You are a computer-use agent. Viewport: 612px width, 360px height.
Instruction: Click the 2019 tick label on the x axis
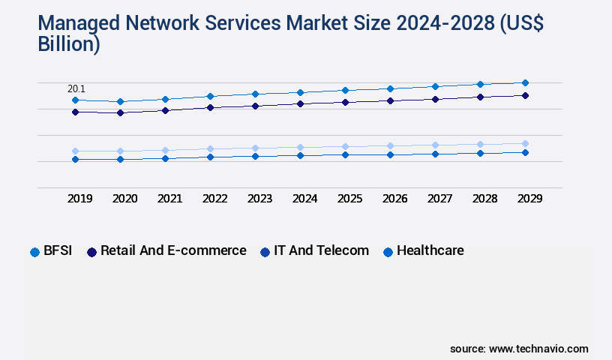79,199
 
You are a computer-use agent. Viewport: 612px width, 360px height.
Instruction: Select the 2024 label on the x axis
304,199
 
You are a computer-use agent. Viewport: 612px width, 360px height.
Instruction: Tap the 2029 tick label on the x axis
529,199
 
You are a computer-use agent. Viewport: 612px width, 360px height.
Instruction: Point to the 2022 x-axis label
214,199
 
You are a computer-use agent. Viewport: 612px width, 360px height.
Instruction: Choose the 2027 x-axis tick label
439,199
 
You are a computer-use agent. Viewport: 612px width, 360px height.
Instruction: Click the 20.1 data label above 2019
76,89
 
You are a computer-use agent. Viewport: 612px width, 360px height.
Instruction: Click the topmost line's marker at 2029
525,82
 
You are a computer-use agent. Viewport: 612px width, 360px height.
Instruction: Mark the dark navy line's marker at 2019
75,112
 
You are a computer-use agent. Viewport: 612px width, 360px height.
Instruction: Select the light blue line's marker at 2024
300,148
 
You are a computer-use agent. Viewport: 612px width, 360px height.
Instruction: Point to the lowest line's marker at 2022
210,157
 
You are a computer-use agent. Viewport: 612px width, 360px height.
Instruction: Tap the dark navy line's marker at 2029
525,95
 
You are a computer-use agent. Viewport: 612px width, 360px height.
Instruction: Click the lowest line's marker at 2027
435,154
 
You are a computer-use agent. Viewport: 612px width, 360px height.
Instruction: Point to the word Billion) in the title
69,44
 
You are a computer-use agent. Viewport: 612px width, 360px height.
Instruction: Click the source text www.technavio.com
538,349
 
